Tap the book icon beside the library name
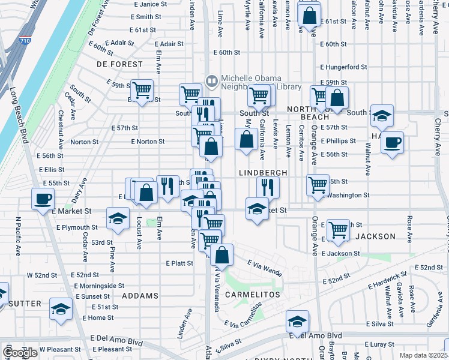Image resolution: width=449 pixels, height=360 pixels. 211,80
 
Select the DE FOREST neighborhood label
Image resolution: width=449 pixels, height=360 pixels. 120,64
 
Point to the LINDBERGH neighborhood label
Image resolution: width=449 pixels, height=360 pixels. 272,173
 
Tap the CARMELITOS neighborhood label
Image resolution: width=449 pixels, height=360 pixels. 253,296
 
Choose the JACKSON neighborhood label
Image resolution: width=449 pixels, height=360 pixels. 375,236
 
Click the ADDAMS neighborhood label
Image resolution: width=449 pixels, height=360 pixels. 140,296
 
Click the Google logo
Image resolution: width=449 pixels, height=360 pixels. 20,353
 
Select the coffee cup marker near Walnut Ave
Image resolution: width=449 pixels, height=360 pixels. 392,143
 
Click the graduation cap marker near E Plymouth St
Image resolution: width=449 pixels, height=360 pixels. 118,218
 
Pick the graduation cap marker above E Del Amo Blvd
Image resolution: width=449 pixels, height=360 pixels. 297,322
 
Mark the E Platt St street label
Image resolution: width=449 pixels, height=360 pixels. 179,263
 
